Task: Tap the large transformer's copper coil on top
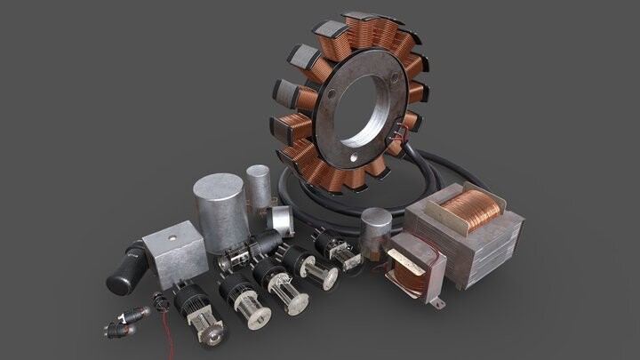coord(471,207)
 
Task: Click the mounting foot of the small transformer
coord(435,302)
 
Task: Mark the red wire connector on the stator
coord(405,135)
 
